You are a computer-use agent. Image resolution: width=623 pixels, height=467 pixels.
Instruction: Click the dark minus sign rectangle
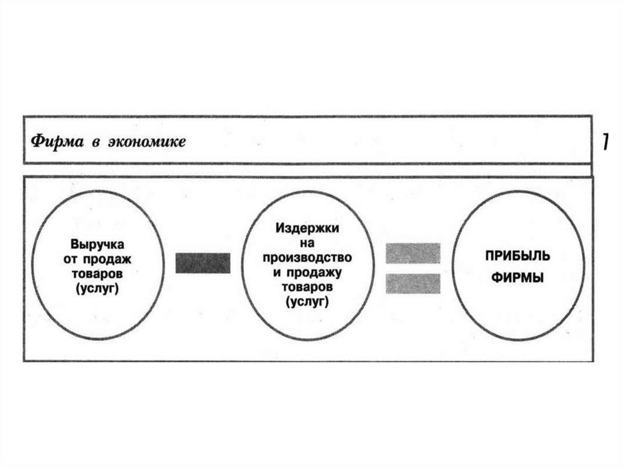pyautogui.click(x=203, y=263)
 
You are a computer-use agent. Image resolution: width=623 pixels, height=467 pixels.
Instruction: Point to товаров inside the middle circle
pyautogui.click(x=307, y=287)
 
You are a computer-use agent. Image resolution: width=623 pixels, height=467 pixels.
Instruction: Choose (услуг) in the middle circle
pyautogui.click(x=307, y=301)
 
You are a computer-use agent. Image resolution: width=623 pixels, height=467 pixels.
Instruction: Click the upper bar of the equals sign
pyautogui.click(x=413, y=253)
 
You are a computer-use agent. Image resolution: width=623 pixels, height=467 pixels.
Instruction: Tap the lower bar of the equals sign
pyautogui.click(x=413, y=283)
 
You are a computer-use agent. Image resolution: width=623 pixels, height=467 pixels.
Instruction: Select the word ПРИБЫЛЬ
pyautogui.click(x=518, y=254)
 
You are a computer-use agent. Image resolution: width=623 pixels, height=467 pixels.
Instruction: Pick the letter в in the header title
pyautogui.click(x=96, y=142)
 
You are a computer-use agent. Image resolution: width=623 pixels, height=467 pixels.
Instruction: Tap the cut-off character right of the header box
pyautogui.click(x=606, y=141)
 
